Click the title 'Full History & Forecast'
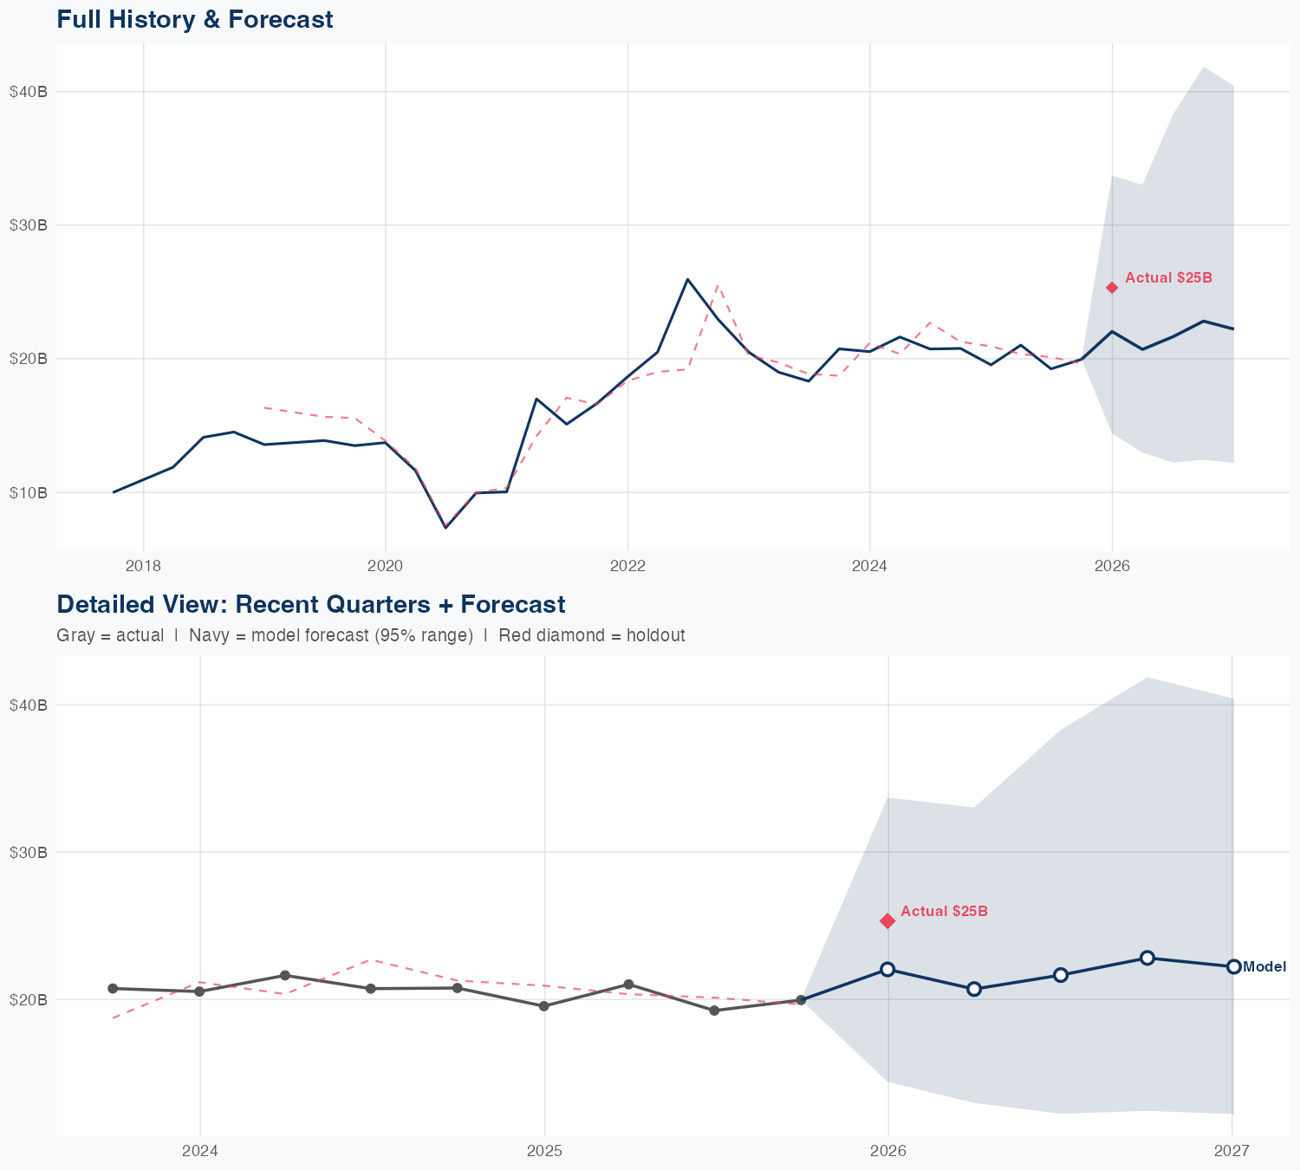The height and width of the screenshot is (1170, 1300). pos(194,19)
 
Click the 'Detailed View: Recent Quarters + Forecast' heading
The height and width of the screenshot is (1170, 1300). pos(310,604)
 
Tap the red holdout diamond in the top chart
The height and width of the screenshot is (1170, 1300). pos(1112,288)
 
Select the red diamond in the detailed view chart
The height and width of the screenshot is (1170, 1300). pos(887,920)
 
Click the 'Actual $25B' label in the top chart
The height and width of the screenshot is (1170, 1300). pos(1168,278)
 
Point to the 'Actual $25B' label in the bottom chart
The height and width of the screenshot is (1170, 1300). pos(944,912)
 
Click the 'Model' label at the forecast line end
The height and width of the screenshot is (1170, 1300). pos(1264,967)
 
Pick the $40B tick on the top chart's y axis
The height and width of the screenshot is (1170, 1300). pos(28,92)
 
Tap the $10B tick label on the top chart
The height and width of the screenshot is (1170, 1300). pos(28,493)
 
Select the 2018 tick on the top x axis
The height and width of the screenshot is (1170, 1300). pos(144,567)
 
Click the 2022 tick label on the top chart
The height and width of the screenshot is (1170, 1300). pos(627,567)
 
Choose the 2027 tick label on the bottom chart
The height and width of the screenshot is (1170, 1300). pos(1232,1151)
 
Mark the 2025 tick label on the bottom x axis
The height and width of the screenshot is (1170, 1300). pos(544,1151)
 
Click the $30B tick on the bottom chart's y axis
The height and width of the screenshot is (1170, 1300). pos(28,853)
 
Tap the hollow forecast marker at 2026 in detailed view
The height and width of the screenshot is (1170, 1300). pos(887,969)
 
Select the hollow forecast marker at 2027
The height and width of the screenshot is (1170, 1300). pos(1233,966)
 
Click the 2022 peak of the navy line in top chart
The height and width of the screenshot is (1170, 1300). pos(687,279)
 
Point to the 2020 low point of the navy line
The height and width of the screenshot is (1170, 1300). pos(445,527)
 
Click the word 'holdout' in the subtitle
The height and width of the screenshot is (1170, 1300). pos(658,635)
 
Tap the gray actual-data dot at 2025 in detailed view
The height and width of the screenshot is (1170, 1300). pos(543,1006)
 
